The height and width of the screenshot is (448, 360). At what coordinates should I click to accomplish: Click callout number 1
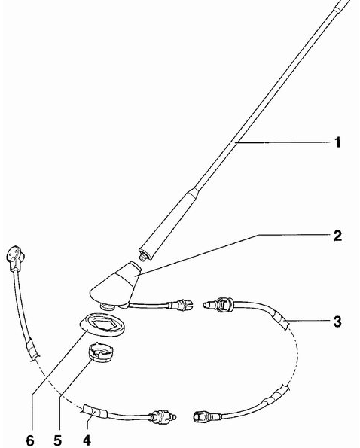pos(337,142)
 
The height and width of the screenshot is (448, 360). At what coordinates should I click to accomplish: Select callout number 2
pos(337,236)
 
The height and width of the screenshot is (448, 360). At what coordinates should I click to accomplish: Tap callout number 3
pos(337,322)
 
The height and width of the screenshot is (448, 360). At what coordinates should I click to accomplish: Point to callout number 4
pos(87,440)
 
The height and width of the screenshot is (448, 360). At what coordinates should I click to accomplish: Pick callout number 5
pos(57,440)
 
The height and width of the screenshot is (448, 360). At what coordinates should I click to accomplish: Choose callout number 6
pos(30,440)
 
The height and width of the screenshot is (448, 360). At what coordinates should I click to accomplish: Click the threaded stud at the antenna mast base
pos(142,254)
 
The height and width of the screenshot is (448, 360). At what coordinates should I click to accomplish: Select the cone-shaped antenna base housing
pos(116,285)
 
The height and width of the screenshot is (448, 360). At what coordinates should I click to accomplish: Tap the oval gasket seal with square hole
pos(102,325)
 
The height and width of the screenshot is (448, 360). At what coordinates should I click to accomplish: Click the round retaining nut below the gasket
pos(100,353)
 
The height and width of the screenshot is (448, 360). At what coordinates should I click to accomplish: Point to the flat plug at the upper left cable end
pos(15,257)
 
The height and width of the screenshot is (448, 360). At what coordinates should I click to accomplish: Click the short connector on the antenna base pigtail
pos(180,305)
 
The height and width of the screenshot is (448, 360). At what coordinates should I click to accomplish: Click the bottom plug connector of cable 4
pos(162,416)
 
